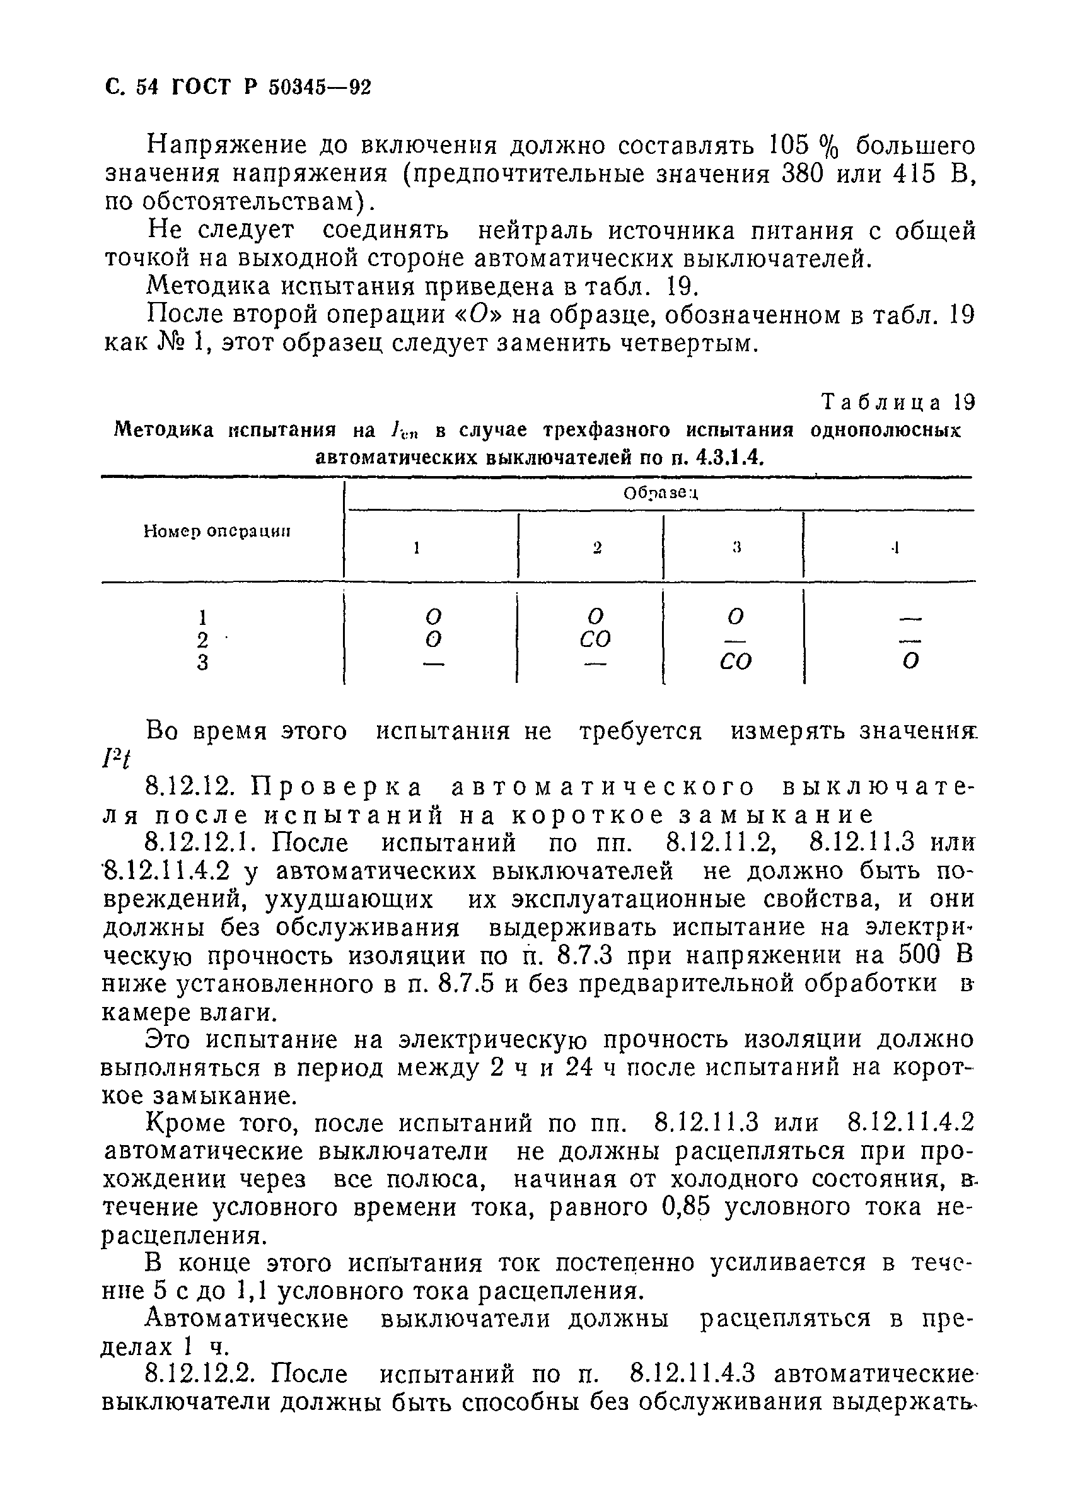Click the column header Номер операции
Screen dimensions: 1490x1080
tap(217, 531)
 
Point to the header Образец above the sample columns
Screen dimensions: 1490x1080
tap(660, 492)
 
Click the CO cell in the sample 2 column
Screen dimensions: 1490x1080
tap(595, 639)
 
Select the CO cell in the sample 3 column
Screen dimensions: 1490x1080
tap(736, 662)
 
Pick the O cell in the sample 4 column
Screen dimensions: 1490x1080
tap(909, 662)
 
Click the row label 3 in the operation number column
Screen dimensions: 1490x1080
tap(202, 662)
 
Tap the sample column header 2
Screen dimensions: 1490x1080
tap(596, 547)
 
